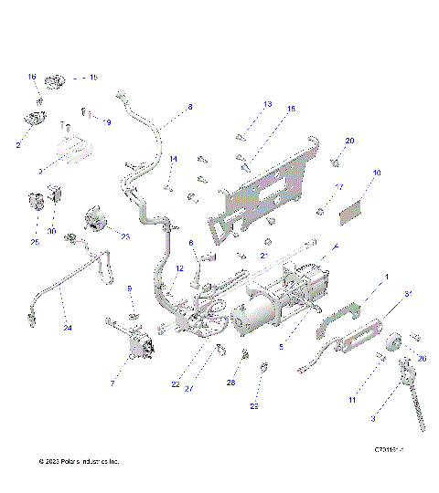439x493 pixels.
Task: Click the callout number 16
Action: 31,77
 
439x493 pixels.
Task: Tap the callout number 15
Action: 92,78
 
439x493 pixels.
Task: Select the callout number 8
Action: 190,107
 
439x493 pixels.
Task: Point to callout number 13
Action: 267,105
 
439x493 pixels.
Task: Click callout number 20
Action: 349,141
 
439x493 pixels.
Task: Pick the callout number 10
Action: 377,173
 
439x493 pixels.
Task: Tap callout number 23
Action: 125,236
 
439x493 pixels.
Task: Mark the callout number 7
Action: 112,384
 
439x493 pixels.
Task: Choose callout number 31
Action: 408,293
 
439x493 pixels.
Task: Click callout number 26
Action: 422,358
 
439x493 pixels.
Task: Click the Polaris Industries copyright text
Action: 80,462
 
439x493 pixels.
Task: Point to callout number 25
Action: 35,242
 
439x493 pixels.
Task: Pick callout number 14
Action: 172,159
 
